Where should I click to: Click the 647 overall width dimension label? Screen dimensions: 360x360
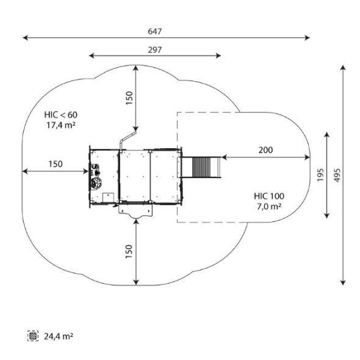click(x=155, y=31)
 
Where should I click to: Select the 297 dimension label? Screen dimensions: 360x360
click(x=155, y=50)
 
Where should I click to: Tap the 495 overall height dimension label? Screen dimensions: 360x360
click(x=337, y=175)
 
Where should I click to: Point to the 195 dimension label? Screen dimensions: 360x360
click(x=320, y=175)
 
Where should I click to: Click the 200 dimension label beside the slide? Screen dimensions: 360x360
click(x=265, y=150)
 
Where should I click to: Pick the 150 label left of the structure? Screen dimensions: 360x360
click(x=56, y=164)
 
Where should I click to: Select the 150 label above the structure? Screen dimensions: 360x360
click(x=129, y=98)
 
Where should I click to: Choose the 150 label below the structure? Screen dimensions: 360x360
click(x=129, y=251)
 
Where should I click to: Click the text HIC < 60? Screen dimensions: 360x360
click(x=61, y=115)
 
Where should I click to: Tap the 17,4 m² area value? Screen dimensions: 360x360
click(x=61, y=125)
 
